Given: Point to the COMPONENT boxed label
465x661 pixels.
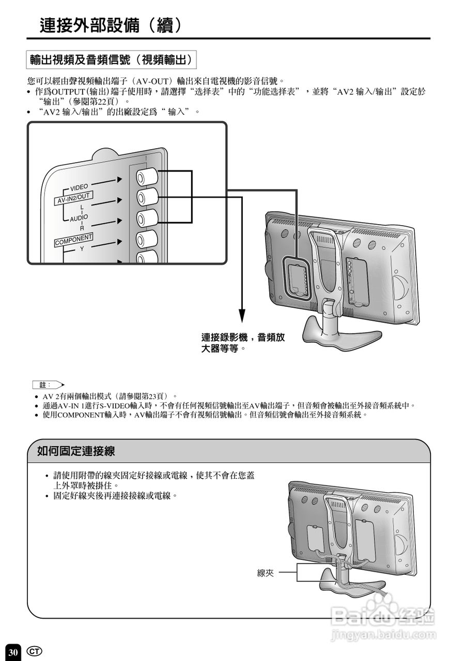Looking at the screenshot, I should (74, 239).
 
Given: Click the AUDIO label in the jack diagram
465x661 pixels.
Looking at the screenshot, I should (80, 217).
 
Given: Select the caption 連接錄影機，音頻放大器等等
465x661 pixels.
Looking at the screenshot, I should (243, 343).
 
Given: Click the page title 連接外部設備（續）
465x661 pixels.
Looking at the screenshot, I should (111, 24).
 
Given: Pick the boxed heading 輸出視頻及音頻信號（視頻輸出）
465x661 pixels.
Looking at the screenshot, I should (112, 60).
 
